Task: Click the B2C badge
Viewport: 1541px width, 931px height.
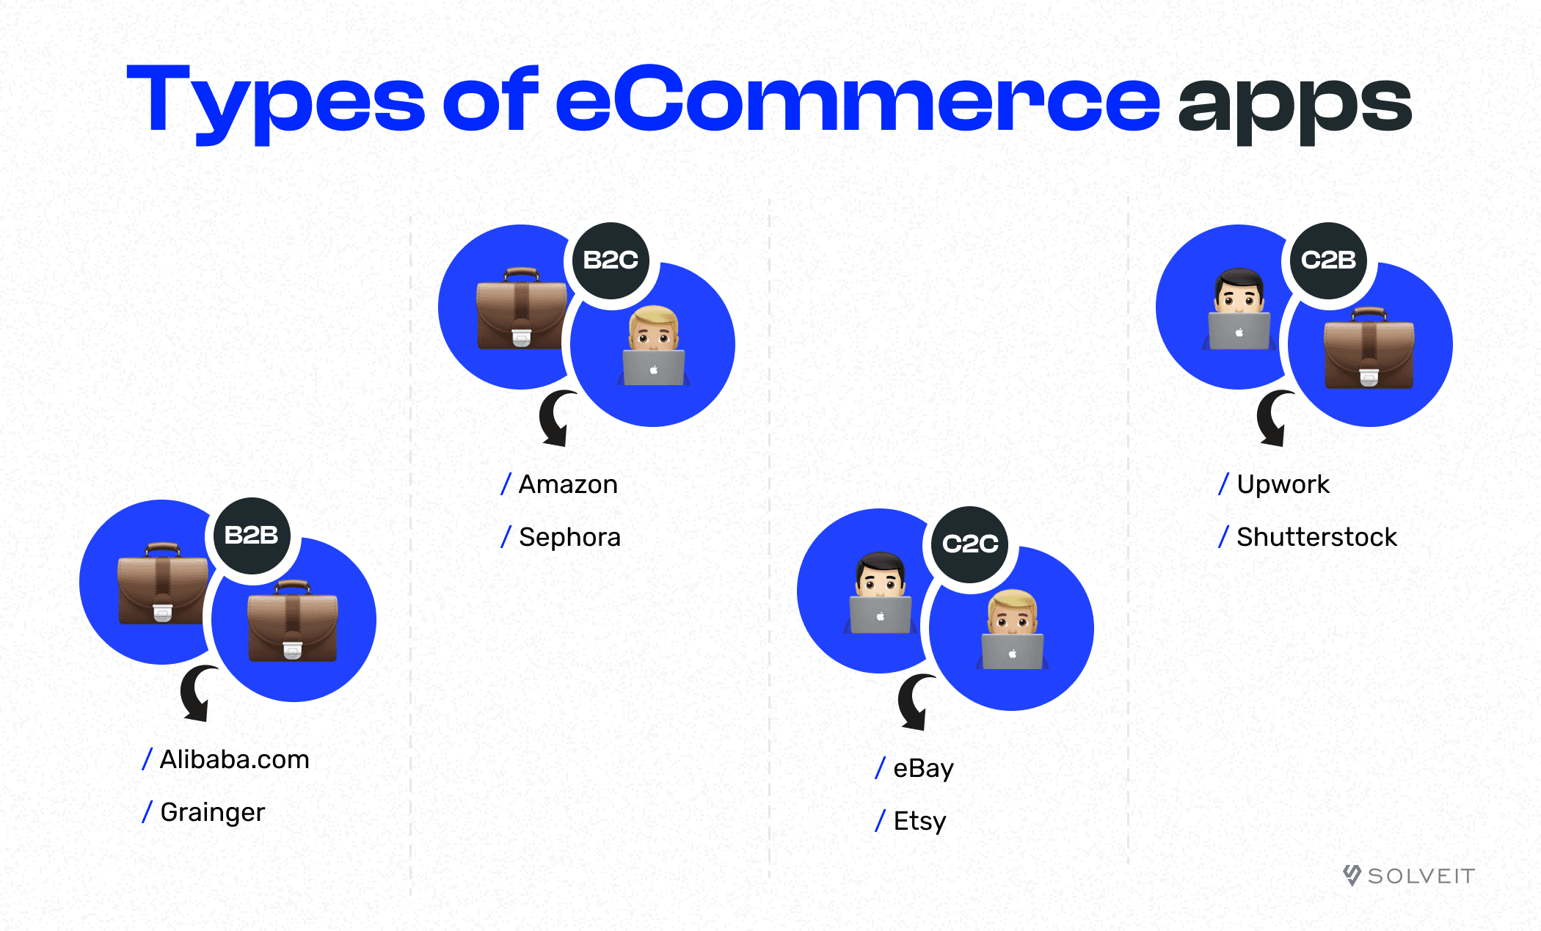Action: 611,260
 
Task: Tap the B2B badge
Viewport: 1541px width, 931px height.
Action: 252,536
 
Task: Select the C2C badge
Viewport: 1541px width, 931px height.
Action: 970,544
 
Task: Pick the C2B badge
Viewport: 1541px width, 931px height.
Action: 1328,260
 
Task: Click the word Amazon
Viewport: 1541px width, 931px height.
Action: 568,485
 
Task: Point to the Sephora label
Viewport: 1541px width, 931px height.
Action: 569,538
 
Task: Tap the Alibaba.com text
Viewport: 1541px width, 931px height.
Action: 234,760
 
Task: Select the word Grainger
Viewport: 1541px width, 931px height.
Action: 212,813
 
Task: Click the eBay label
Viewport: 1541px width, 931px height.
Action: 923,769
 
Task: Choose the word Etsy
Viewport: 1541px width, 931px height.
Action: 919,822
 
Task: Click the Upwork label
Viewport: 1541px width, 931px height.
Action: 1283,485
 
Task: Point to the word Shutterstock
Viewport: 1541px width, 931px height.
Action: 1316,538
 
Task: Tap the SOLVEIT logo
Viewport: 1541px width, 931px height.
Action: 1409,876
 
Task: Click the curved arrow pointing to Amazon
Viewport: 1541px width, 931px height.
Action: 556,418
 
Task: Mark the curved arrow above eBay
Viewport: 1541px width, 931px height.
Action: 914,702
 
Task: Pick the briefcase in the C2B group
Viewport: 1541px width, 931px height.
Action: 1369,348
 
